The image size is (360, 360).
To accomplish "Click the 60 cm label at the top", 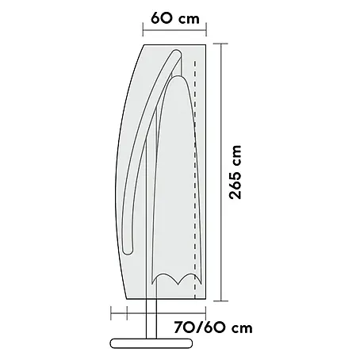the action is click(175, 18).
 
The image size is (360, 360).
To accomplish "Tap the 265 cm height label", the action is click(236, 172).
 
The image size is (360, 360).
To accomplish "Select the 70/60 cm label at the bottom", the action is click(213, 327).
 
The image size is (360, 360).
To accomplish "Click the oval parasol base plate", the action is click(151, 343).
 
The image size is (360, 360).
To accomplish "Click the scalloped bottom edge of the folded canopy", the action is click(176, 279).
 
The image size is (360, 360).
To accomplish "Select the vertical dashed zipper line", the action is click(195, 180).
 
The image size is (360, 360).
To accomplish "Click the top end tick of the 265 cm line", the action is click(220, 44).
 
